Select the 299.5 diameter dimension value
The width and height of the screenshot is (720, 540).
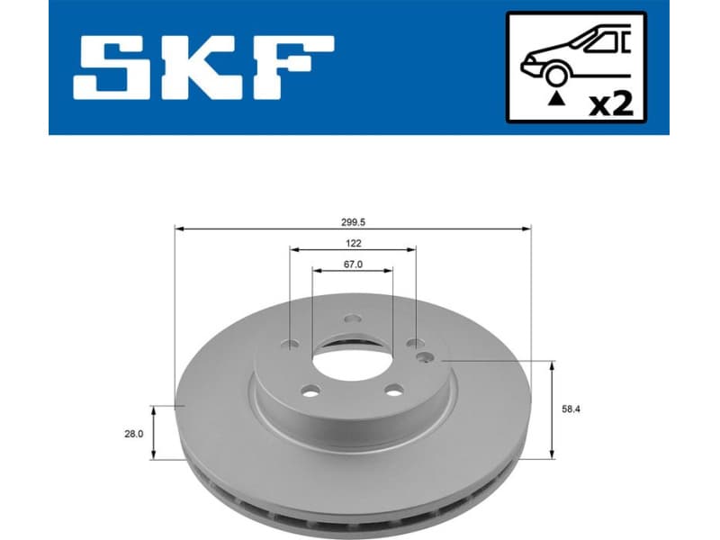[x=353, y=219]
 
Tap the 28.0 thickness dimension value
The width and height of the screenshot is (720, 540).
[x=134, y=433]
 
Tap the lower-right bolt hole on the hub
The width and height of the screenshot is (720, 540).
[x=393, y=391]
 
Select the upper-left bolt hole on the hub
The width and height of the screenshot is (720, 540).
[x=289, y=343]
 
